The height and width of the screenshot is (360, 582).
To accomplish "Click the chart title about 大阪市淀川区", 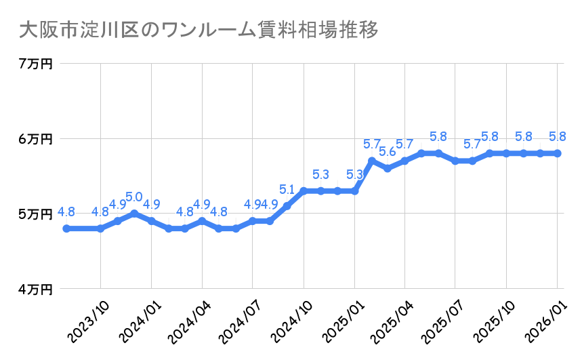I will (x=197, y=31).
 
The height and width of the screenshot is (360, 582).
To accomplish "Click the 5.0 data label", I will (x=134, y=197).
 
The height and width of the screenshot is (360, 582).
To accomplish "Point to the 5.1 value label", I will (x=287, y=189).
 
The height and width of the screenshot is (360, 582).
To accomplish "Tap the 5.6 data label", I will (x=388, y=152).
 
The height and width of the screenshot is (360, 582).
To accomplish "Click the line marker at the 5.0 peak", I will (x=134, y=214).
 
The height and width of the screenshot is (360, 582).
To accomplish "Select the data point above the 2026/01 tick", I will (x=557, y=153).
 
